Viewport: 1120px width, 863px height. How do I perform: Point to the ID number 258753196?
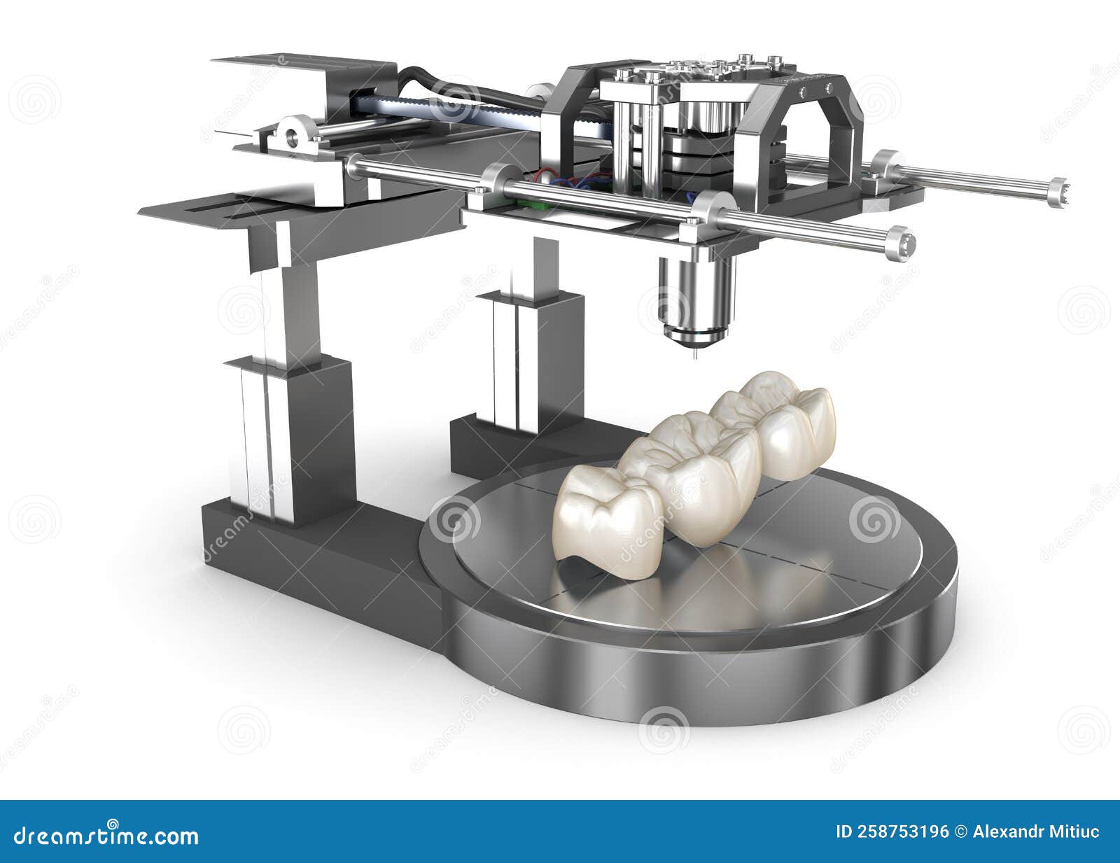[892, 832]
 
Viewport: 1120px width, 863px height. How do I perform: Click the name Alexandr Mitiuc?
[1036, 832]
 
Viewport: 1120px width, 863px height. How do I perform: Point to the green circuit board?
[532, 204]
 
